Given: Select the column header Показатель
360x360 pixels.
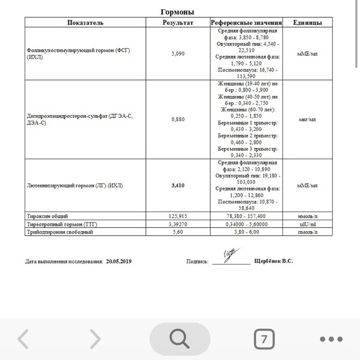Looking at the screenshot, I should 85,22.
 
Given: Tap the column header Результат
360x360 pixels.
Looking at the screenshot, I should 178,22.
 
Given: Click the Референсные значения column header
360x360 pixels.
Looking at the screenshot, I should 246,22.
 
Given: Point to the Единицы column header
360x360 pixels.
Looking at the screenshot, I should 307,22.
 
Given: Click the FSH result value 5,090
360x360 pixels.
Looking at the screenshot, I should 178,54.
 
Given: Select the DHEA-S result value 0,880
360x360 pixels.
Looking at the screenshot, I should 178,119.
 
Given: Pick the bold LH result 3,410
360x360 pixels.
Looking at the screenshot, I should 178,185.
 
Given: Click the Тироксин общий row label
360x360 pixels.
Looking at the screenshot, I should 47,216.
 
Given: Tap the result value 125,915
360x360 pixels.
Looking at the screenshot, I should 178,216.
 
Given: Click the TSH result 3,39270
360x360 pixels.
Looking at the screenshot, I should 178,224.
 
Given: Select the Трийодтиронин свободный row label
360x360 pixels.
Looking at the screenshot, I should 60,232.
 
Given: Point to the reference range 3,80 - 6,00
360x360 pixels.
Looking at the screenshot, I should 246,232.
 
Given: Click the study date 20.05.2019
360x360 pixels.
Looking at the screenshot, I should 119,262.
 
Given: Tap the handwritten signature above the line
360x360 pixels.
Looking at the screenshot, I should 230,255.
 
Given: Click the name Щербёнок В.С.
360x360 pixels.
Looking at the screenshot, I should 274,261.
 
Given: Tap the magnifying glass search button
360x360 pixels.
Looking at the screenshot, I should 180,339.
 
